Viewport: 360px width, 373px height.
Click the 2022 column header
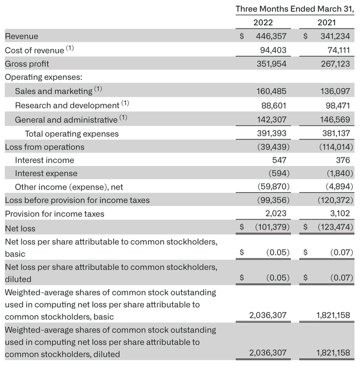pos(263,23)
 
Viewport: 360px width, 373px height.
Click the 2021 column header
pos(326,23)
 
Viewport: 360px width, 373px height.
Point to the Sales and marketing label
pos(53,91)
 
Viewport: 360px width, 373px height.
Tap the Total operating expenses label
pos(72,133)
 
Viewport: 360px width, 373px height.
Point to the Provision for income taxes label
pos(55,214)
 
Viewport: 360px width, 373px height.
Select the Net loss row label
pos(20,228)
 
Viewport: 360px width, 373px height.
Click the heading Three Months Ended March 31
pos(294,8)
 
